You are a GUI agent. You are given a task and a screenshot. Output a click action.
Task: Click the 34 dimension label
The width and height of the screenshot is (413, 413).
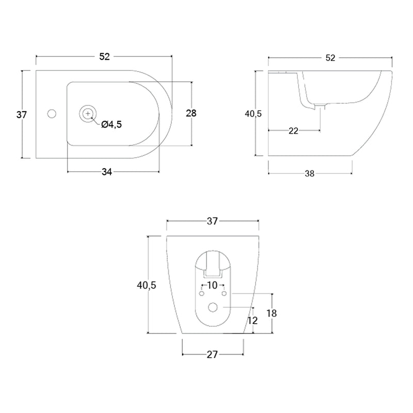(107, 172)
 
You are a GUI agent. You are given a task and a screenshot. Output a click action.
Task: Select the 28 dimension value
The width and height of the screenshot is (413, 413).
(191, 113)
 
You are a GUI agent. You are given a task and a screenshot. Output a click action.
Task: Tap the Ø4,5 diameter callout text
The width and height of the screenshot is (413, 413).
(112, 124)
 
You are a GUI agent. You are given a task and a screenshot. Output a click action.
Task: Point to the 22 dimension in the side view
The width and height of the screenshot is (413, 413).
(293, 131)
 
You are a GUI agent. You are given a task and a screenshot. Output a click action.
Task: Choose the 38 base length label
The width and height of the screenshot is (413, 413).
(309, 173)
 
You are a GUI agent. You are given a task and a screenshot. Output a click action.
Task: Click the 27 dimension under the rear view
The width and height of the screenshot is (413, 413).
(212, 355)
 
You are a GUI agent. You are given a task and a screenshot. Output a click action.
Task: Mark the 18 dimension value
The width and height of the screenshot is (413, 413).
(272, 313)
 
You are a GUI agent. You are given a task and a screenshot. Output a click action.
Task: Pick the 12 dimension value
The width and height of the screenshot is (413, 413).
(252, 321)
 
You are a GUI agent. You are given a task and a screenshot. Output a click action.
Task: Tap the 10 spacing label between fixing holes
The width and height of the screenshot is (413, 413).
(212, 285)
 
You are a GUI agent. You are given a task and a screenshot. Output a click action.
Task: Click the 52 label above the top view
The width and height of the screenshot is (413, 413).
(104, 57)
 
